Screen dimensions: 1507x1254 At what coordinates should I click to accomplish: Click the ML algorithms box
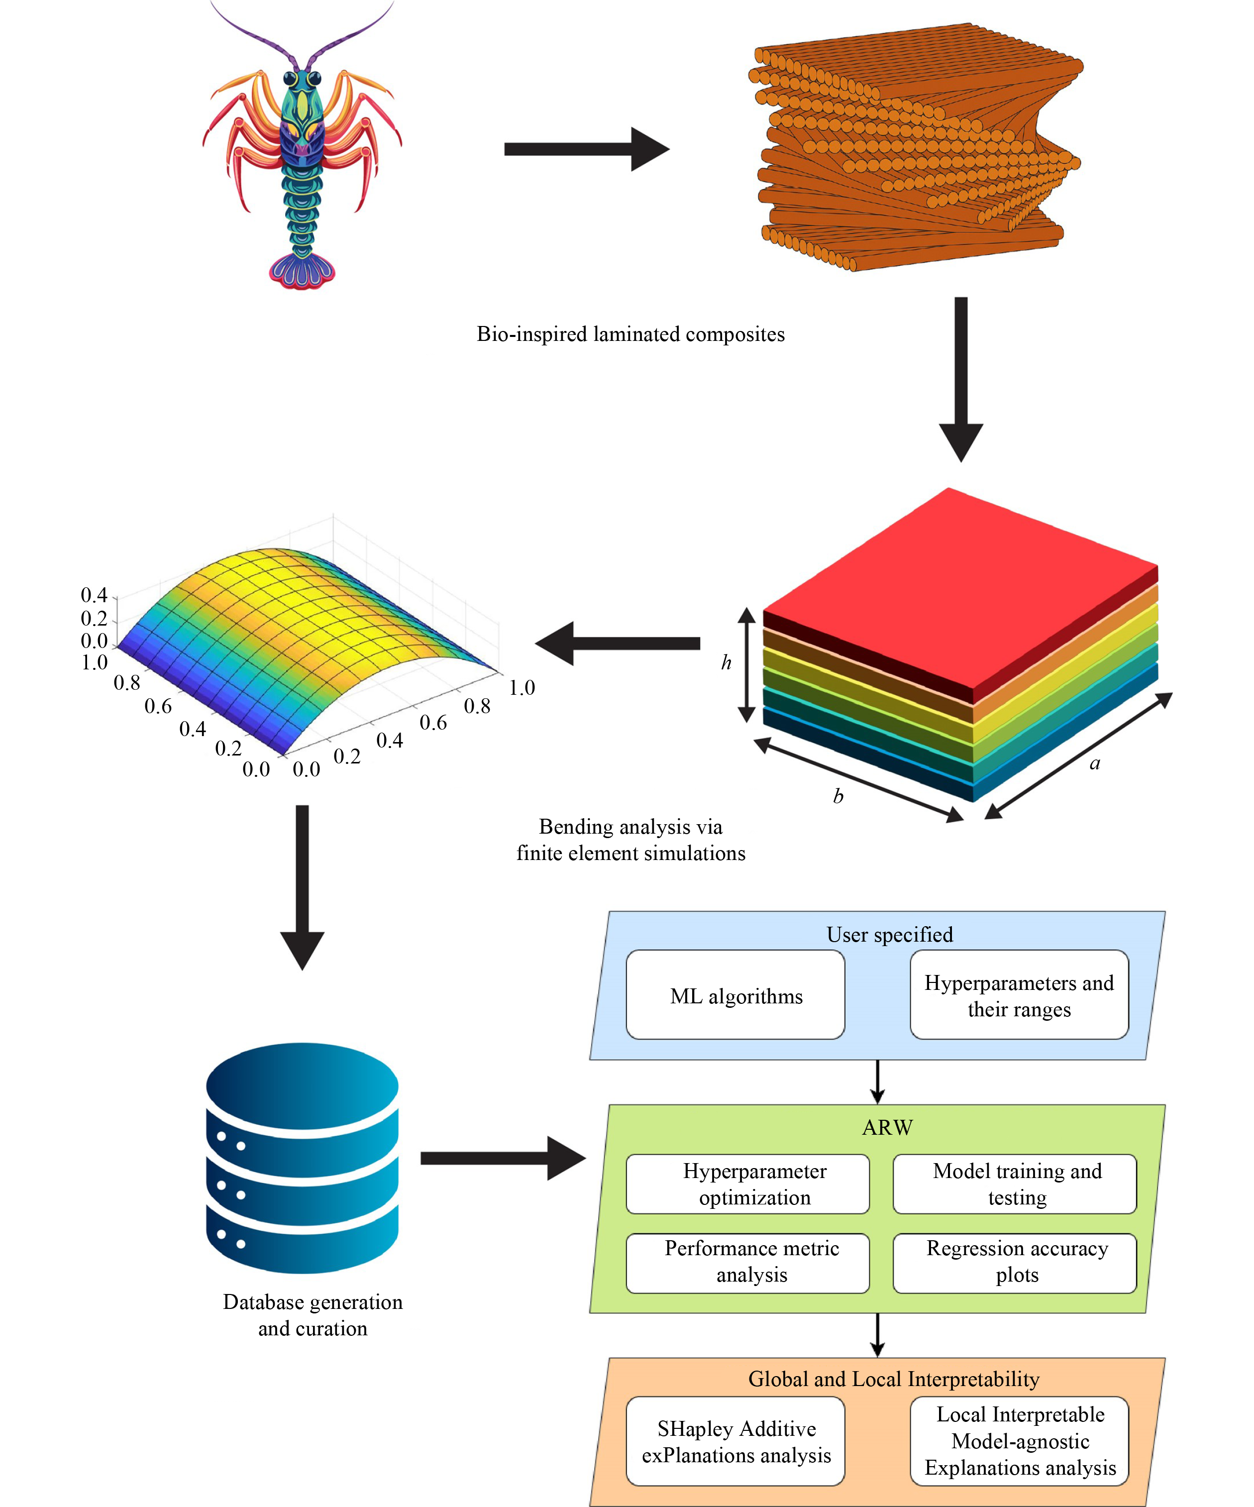coord(735,995)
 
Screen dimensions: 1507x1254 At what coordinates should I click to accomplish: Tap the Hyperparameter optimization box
coord(747,1184)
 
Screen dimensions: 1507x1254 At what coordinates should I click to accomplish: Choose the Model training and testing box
coord(1014,1184)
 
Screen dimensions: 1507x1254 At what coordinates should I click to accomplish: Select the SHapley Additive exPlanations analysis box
coord(735,1441)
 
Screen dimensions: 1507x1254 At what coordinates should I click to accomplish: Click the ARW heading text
coord(887,1127)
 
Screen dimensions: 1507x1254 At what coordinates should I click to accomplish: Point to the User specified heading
coord(890,934)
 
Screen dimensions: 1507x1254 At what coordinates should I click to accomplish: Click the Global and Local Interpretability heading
coord(893,1379)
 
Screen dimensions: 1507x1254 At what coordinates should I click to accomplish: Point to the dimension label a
coord(1095,763)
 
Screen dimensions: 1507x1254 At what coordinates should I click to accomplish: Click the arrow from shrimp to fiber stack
coord(586,149)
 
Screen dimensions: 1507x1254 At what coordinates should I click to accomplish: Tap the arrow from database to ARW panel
coord(502,1158)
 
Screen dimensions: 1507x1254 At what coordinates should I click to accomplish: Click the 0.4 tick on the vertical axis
coord(94,595)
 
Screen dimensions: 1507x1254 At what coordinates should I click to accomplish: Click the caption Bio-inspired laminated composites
coord(630,334)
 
